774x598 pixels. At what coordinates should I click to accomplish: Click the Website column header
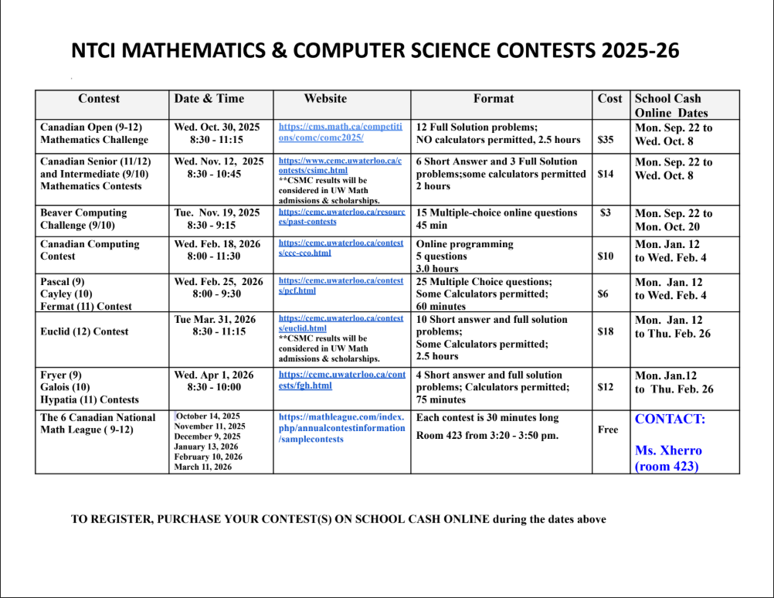coord(325,99)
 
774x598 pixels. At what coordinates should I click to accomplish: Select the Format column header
coord(494,99)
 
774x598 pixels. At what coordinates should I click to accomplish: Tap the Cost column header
coord(609,99)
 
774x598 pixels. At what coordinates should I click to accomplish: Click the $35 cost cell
coord(606,140)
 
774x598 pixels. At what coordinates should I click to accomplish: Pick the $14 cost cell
coord(606,174)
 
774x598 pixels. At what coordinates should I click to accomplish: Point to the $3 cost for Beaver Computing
coord(606,212)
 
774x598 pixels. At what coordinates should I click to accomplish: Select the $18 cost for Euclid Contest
coord(606,331)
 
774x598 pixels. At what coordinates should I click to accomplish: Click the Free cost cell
coord(608,430)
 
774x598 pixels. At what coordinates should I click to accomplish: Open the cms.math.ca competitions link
coord(340,132)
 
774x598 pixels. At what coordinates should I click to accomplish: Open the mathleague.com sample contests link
coord(341,428)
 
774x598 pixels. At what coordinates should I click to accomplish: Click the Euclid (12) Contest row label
coord(85,331)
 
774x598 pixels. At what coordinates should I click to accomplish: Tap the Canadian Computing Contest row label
coord(90,250)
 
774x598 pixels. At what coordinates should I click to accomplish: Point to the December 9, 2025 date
coord(207,437)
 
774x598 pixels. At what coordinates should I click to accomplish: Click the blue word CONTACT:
coord(670,420)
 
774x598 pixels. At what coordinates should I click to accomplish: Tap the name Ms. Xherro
coord(669,450)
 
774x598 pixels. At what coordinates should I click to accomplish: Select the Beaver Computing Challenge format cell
coord(496,219)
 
